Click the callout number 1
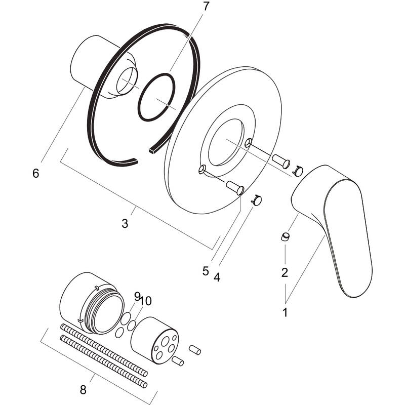(x=285, y=312)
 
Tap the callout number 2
(x=285, y=272)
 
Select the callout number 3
(x=125, y=223)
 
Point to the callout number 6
(x=35, y=173)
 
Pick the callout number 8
(x=84, y=390)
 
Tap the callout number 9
(x=137, y=296)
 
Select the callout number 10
(x=145, y=301)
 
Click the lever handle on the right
(x=337, y=223)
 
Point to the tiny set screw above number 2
(x=285, y=236)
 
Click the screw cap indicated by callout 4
(x=257, y=201)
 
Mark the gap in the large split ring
(x=145, y=154)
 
